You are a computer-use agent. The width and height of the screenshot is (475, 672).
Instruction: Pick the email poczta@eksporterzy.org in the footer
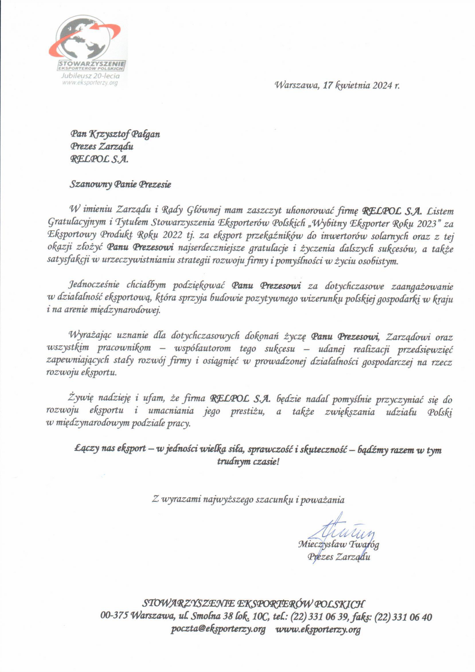pyautogui.click(x=218, y=629)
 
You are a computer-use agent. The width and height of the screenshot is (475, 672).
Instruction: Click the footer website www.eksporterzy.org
pyautogui.click(x=318, y=629)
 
